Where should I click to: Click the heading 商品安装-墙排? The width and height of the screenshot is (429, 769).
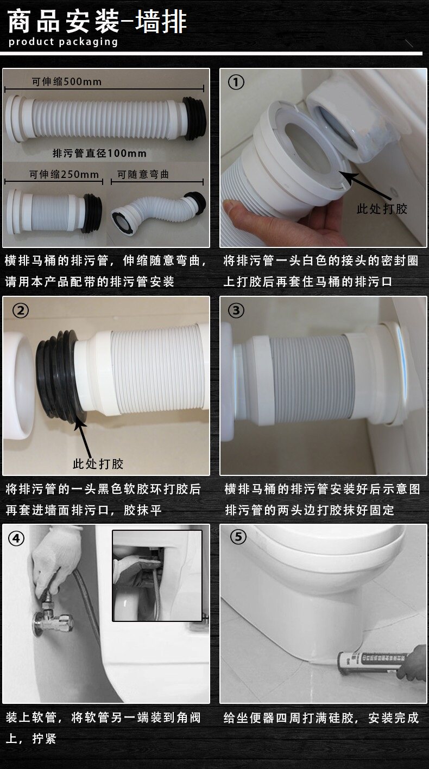97,22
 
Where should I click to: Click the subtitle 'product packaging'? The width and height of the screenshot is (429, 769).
63,42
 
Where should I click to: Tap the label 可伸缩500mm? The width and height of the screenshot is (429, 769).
67,82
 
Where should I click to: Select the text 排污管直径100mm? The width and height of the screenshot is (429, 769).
99,153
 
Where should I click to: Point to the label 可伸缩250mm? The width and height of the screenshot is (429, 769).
64,174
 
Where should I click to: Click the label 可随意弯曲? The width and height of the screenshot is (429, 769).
143,174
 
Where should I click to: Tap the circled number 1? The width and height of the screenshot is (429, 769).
236,82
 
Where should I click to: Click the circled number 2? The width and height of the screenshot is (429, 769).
21,310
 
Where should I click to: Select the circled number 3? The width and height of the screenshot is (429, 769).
236,310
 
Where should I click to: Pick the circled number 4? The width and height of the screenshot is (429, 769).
16,539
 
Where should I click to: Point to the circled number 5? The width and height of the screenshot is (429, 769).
238,537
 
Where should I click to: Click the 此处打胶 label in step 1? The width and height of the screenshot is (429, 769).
382,209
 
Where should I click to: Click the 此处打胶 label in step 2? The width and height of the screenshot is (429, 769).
98,464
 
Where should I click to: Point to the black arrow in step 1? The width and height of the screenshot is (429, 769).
367,186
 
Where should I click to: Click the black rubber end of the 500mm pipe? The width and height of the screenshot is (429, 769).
195,118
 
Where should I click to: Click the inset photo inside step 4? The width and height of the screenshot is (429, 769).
157,576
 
